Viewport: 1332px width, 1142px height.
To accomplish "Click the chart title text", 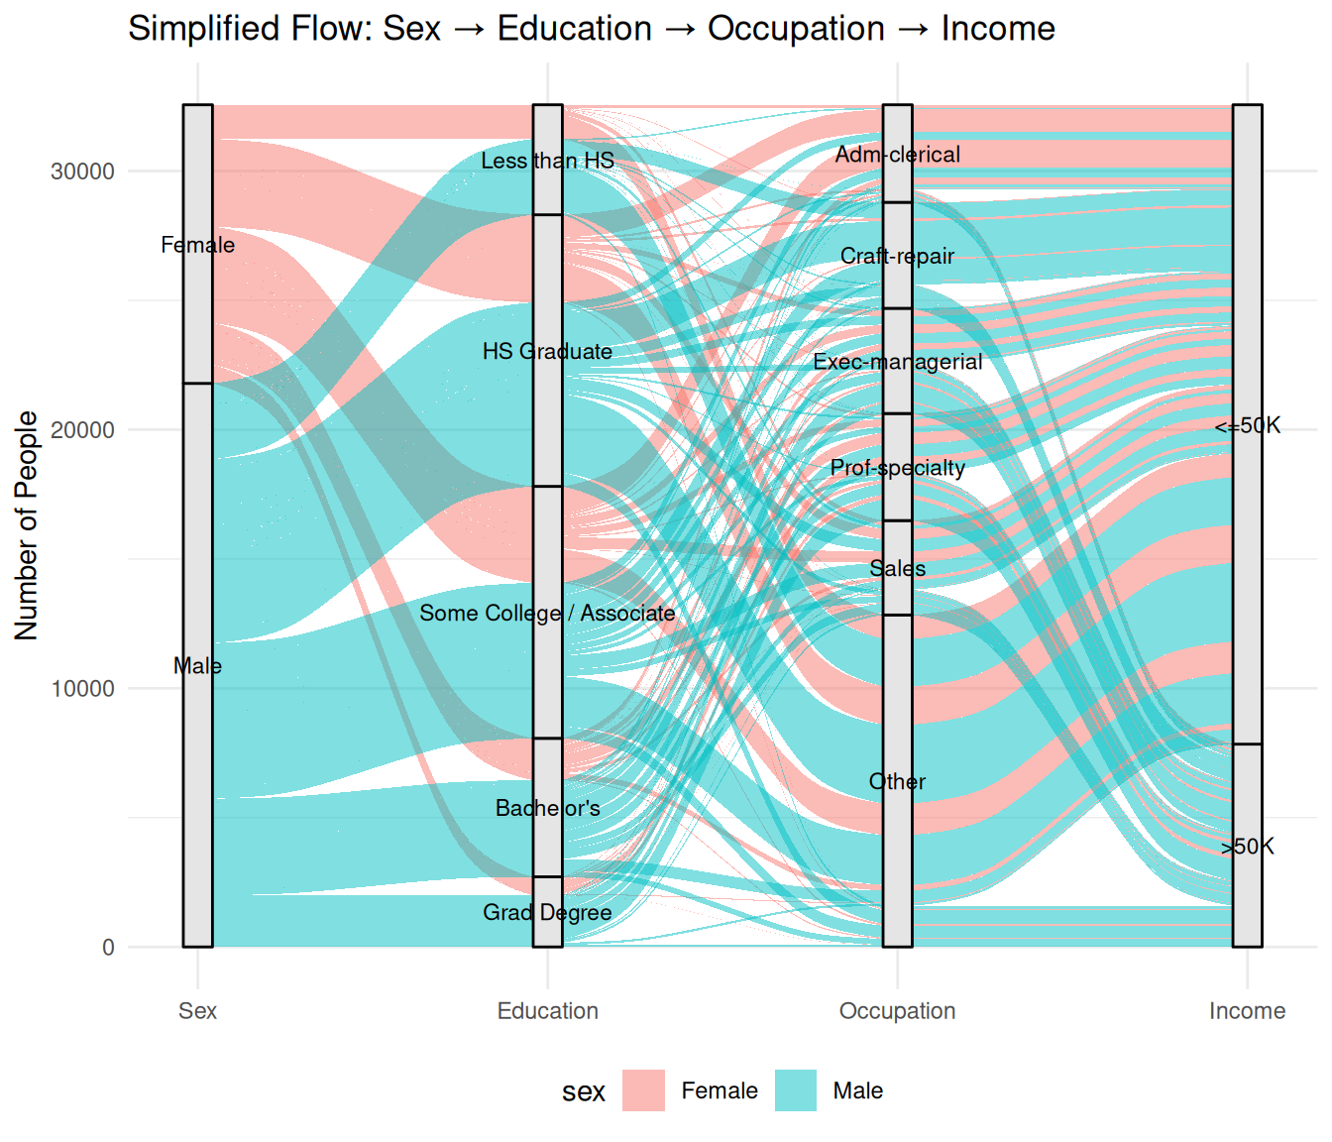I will coord(591,29).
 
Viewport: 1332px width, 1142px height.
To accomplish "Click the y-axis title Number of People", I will coord(27,525).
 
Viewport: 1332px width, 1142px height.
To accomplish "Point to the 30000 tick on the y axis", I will coord(83,171).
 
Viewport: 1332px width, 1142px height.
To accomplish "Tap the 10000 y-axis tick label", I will coord(83,689).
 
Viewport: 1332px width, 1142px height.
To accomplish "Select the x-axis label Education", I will coord(547,1011).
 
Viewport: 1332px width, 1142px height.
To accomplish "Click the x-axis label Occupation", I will coord(897,1011).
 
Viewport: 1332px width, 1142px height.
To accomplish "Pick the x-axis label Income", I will coord(1247,1011).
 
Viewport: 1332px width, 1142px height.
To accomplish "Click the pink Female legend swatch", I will coord(643,1090).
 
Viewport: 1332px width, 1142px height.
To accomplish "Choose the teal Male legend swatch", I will coord(796,1090).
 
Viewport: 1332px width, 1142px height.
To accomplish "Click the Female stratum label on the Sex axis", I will coord(198,245).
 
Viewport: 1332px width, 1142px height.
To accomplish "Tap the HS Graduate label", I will coord(547,352).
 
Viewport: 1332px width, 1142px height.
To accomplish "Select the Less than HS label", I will coord(547,161).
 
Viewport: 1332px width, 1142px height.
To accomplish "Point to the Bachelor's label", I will coord(547,809).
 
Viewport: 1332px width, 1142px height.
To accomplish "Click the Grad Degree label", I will coord(547,912).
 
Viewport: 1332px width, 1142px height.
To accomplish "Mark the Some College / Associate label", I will coord(547,614).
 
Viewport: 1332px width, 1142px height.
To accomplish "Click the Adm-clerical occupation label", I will coord(897,155).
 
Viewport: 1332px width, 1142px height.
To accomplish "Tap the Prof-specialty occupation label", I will coord(897,468).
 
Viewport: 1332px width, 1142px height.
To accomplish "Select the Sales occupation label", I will coord(897,569).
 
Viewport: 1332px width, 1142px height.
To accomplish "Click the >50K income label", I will coord(1247,847).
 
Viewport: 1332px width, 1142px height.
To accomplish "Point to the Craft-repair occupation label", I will coord(897,257).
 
